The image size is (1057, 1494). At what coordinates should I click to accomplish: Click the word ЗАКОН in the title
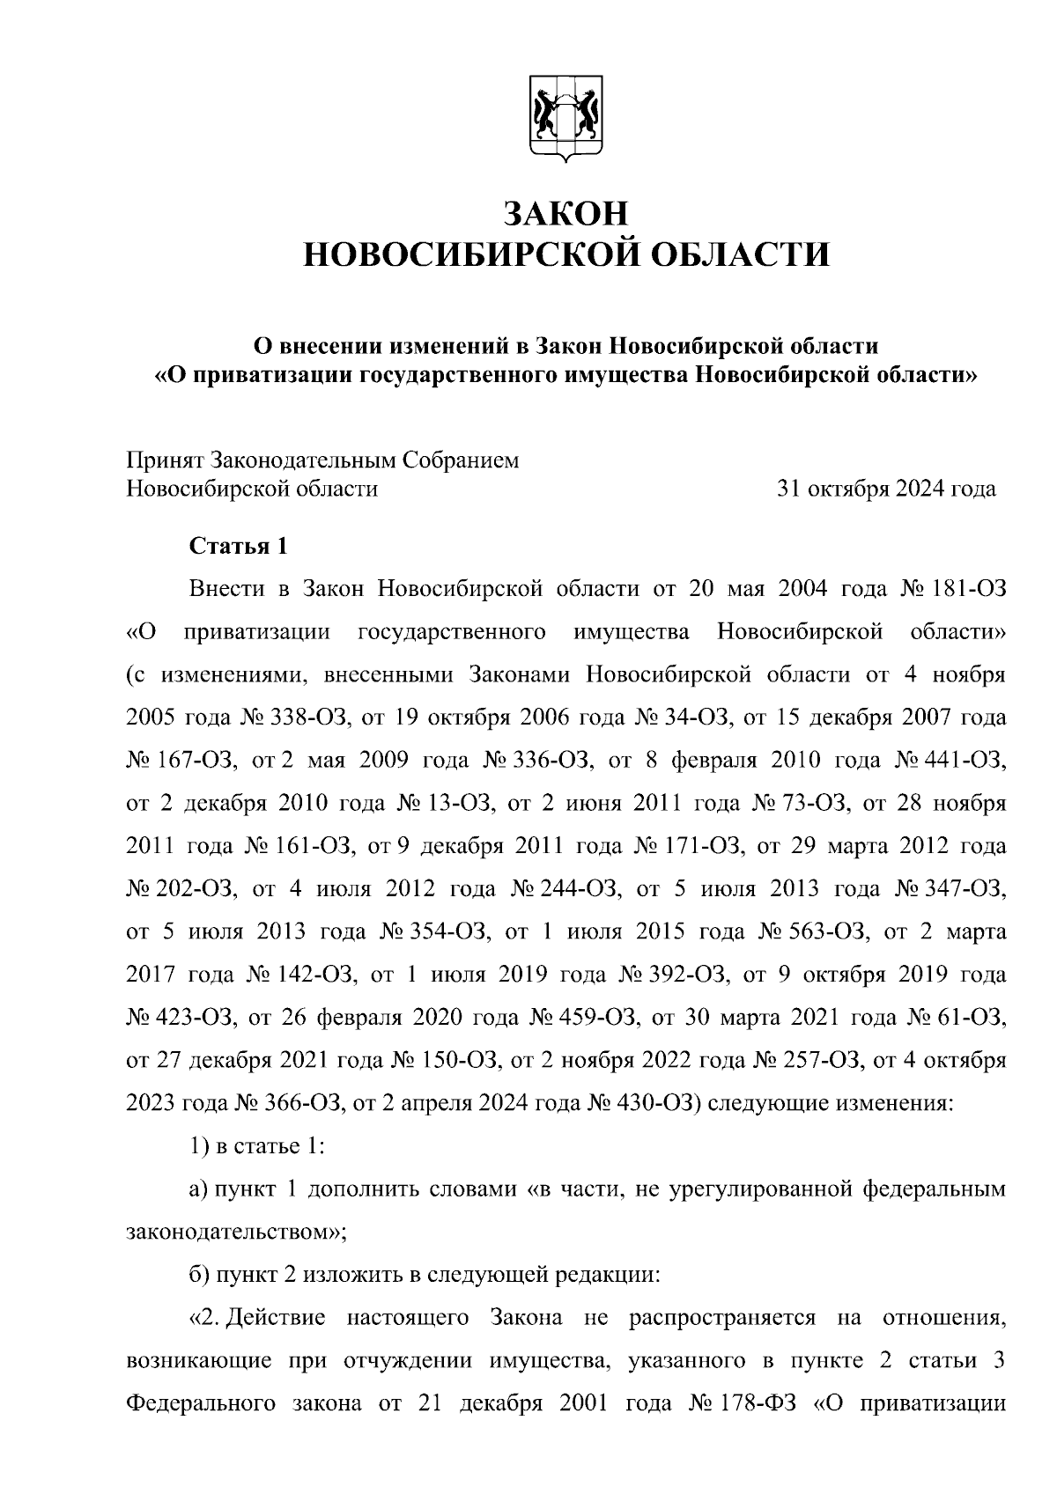pyautogui.click(x=566, y=214)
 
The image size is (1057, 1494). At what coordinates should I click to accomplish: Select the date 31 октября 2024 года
pyautogui.click(x=885, y=489)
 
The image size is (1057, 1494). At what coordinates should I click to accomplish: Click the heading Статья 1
pyautogui.click(x=239, y=547)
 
